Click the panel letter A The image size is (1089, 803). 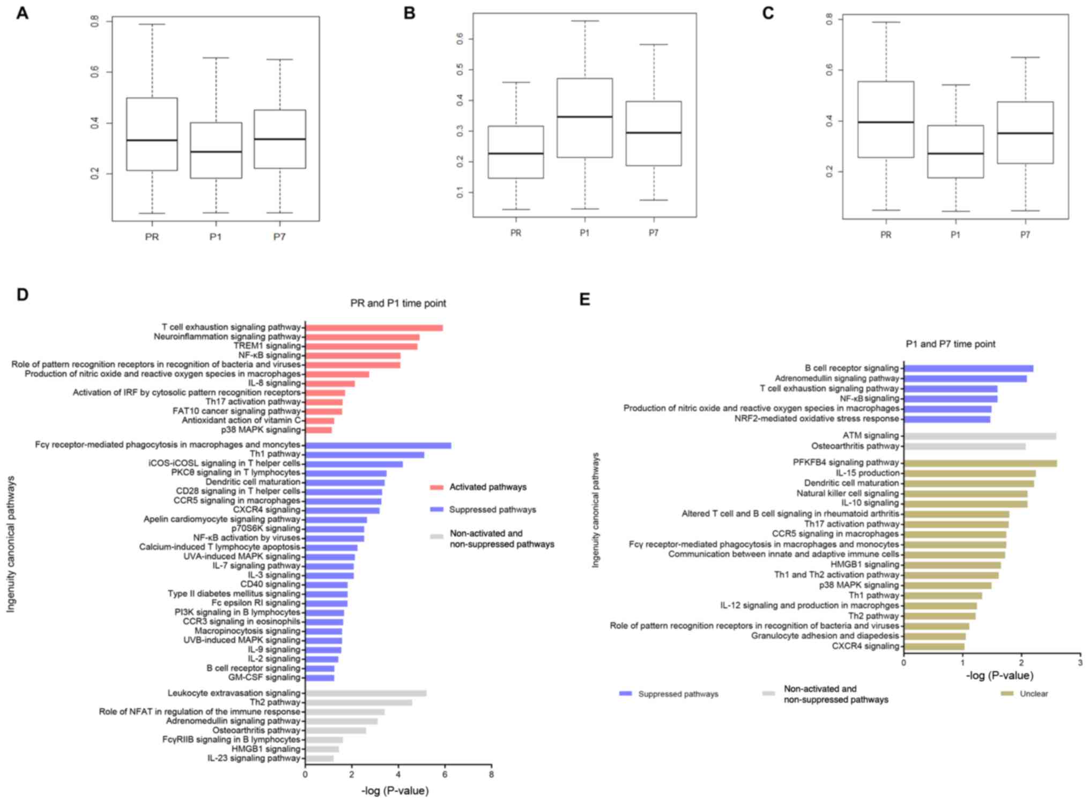coord(22,13)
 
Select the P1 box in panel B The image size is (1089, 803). coord(584,118)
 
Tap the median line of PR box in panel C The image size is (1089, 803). coord(886,122)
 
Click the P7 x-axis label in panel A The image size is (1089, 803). coord(279,237)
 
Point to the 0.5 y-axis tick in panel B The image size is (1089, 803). coord(460,70)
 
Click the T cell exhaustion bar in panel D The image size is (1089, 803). coord(374,328)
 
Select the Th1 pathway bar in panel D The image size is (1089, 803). coord(365,455)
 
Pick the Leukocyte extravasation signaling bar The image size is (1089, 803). coord(366,693)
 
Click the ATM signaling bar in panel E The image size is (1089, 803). coord(980,436)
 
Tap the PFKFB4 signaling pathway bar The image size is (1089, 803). coord(980,463)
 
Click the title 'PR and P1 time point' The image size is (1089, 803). coord(398,303)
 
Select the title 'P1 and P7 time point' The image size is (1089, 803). coord(950,344)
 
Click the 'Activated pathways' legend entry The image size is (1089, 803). coord(487,487)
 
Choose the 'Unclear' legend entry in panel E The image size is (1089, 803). coord(1033,694)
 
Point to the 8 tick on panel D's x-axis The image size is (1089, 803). coord(491,775)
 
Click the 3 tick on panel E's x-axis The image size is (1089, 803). coord(1080,663)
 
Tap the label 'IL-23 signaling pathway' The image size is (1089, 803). coord(254,759)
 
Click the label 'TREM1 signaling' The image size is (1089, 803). coord(267,346)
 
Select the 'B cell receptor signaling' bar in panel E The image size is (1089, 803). coord(968,368)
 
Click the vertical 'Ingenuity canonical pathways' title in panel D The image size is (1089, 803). coord(11,544)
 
